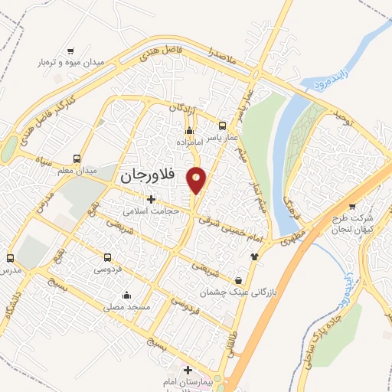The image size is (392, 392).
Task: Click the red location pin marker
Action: (x=197, y=181)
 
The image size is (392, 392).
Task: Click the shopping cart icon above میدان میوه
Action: (x=70, y=51)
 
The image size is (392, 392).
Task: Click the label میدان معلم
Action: (x=77, y=169)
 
